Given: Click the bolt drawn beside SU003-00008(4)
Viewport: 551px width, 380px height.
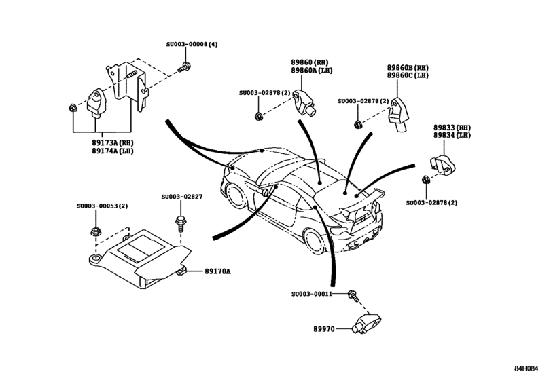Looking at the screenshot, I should (x=183, y=67).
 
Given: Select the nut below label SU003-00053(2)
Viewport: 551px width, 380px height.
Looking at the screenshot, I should (x=96, y=233).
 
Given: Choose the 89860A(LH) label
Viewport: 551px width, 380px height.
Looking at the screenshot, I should (x=311, y=70).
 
